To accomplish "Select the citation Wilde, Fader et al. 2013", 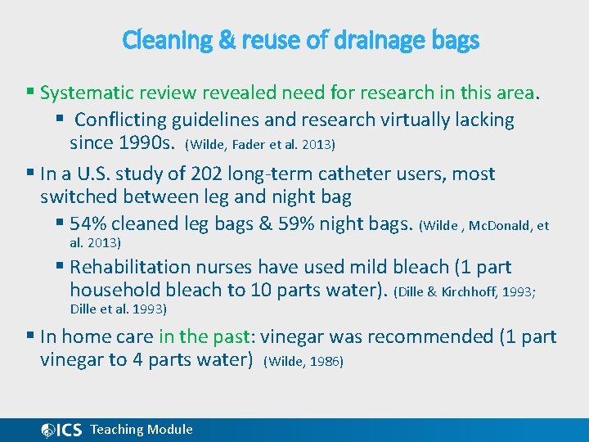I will tap(260, 145).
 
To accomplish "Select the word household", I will tap(115, 290).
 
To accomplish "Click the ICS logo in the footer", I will tap(62, 430).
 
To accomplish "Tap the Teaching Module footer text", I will tap(142, 430).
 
